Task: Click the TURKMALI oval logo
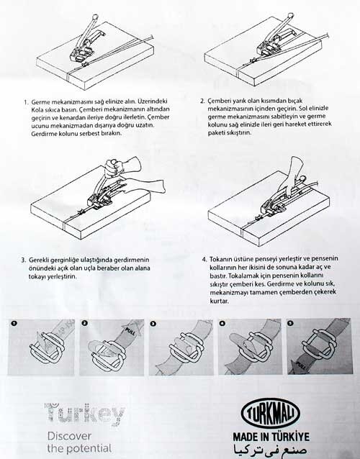coord(270,413)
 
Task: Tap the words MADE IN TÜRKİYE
coord(271,437)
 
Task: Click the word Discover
coord(69,436)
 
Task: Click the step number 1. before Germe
coord(26,102)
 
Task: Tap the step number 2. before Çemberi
coord(203,101)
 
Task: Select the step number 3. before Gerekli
coord(24,260)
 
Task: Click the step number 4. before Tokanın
coord(204,260)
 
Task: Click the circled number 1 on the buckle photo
coord(14,324)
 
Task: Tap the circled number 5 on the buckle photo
coord(291,323)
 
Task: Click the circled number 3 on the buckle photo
coord(153,324)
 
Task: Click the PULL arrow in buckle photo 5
coord(299,366)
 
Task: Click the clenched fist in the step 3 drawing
coord(112,168)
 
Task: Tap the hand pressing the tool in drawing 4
coord(289,178)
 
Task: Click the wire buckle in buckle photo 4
coord(257,347)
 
